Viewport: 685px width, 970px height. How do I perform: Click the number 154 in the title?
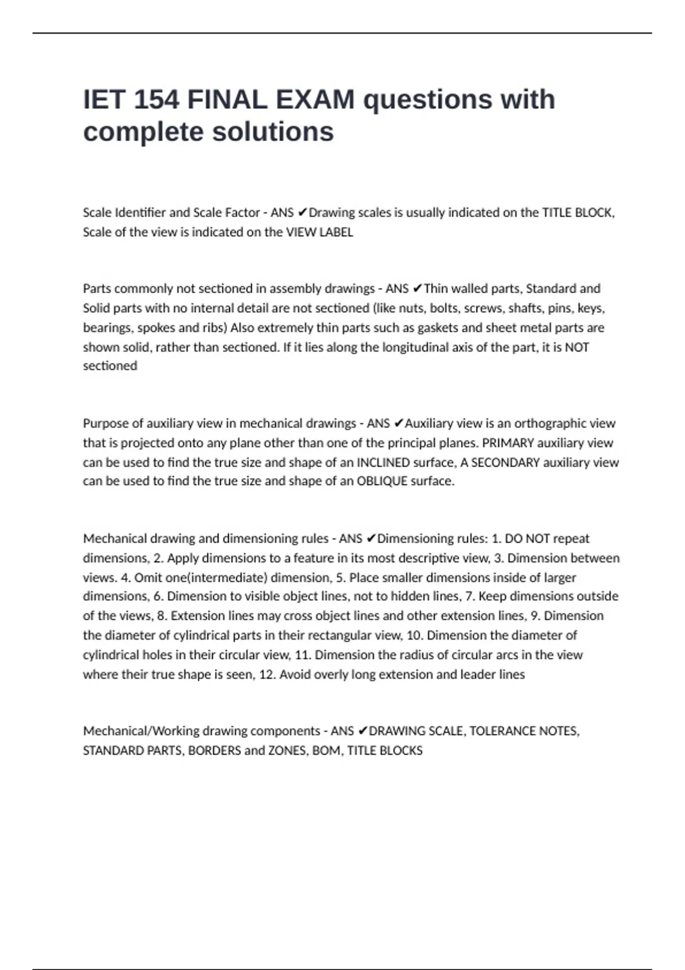156,100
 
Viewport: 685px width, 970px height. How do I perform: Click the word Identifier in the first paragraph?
140,213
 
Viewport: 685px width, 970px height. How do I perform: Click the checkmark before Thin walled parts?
417,289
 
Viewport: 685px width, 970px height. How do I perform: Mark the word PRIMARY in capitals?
508,443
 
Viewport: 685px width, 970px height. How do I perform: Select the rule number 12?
266,674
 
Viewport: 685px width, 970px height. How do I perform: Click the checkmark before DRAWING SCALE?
363,731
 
